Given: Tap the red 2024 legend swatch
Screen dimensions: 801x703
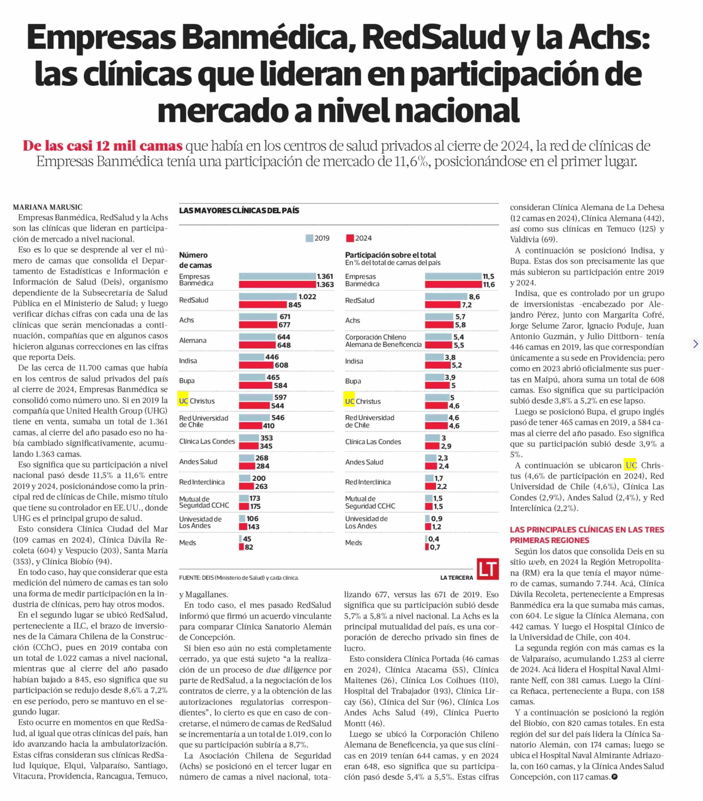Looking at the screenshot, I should tap(350, 238).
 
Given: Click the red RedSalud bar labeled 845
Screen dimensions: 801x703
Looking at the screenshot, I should tap(263, 304).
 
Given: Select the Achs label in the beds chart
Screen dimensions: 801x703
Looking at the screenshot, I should tap(186, 320).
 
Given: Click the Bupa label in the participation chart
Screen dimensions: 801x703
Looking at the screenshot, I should tap(353, 381).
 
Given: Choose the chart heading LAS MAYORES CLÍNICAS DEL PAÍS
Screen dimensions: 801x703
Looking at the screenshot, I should tap(239, 211).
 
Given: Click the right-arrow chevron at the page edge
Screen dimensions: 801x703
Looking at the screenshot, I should tap(695, 344).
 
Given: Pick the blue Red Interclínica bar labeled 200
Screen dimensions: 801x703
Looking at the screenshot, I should tap(245, 478).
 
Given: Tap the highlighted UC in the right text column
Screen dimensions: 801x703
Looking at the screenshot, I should tap(630, 465).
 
